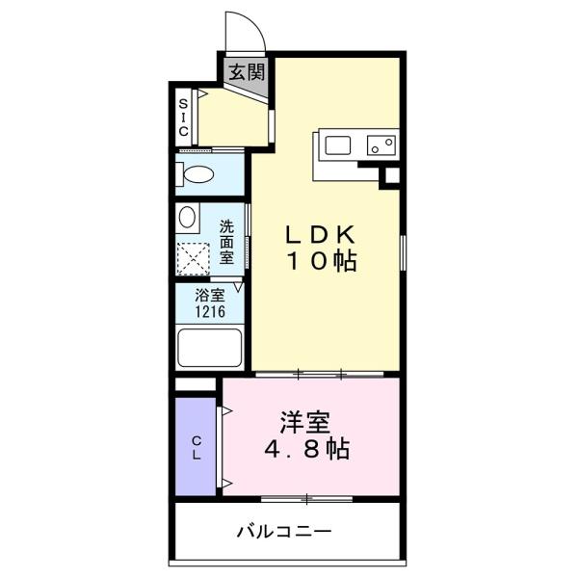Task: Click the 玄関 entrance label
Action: pos(247,72)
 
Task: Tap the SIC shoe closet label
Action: pos(183,118)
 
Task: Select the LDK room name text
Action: pos(321,234)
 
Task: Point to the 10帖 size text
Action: pos(322,261)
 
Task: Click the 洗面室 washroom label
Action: pos(226,242)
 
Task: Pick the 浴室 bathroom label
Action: pos(210,295)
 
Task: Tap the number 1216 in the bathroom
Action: pos(210,312)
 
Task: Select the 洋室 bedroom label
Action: pos(305,423)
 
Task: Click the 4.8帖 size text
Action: pos(306,449)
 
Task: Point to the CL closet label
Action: pos(197,448)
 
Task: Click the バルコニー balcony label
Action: pos(284,532)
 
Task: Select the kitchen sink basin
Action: pos(338,145)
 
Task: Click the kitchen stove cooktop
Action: pos(381,144)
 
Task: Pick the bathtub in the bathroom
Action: pos(210,348)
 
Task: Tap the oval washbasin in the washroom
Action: pos(187,217)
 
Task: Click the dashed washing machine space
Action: pos(194,259)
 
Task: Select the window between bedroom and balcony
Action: pos(306,499)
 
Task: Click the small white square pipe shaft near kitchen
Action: pos(393,175)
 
